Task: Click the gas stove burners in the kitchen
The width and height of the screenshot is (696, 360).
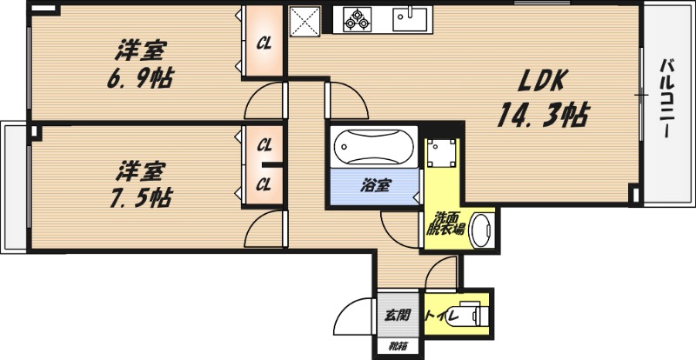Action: (x=357, y=19)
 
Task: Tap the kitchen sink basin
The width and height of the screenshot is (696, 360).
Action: (x=410, y=19)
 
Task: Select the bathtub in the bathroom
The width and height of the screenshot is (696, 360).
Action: (x=374, y=146)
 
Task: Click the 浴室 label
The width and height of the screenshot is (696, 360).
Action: (x=375, y=186)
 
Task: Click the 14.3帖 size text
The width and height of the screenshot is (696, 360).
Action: (x=542, y=115)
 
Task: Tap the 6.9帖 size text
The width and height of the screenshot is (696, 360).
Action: (x=140, y=77)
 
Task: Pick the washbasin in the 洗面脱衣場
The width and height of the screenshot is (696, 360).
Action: (x=482, y=230)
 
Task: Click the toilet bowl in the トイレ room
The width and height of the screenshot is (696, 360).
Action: (x=465, y=316)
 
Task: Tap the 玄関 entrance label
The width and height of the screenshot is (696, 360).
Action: (x=397, y=315)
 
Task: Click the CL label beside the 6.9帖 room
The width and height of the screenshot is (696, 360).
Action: (x=264, y=43)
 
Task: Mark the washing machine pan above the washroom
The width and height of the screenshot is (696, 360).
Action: (x=442, y=154)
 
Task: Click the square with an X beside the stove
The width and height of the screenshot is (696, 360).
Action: (x=305, y=20)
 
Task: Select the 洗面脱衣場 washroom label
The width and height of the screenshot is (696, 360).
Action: (x=445, y=224)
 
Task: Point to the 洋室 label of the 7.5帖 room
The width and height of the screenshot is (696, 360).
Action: (x=140, y=171)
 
